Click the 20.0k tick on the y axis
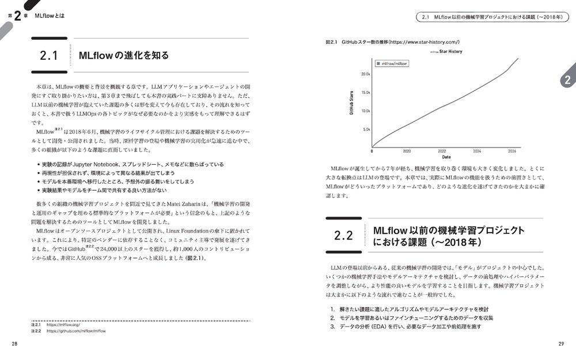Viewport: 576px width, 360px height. [365, 74]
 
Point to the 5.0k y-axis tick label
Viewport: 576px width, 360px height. [366, 129]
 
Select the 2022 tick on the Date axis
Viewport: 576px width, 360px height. [442, 151]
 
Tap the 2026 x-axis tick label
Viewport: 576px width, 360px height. [512, 151]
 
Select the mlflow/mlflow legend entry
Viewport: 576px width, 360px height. [392, 63]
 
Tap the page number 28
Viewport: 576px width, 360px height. [14, 344]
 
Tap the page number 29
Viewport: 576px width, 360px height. [561, 344]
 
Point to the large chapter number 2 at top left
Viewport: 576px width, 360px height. [17, 16]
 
